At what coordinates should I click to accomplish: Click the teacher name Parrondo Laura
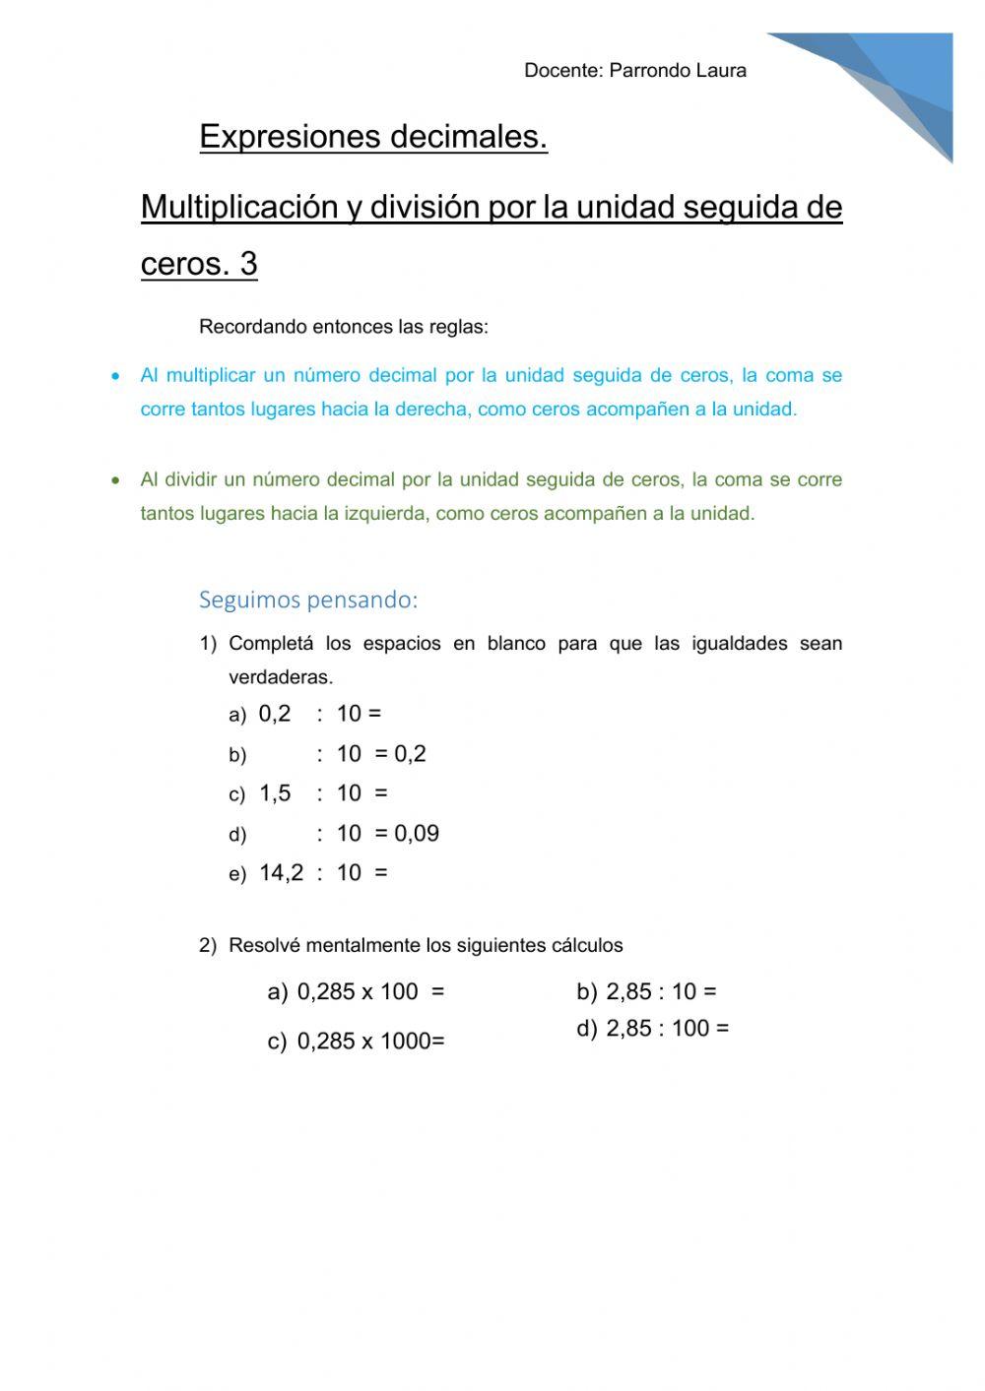[x=678, y=70]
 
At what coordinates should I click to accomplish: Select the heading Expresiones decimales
[x=373, y=136]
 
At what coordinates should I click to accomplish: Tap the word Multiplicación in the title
[x=239, y=207]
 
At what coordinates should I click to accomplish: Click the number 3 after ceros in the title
[x=248, y=264]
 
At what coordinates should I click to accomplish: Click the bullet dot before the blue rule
[x=117, y=376]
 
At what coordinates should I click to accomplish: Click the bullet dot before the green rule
[x=117, y=480]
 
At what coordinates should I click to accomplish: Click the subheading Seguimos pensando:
[x=308, y=600]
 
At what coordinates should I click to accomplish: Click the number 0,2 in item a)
[x=275, y=714]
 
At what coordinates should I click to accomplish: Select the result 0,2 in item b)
[x=410, y=754]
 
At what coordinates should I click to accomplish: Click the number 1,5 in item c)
[x=275, y=793]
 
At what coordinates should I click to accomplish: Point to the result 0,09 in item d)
[x=417, y=834]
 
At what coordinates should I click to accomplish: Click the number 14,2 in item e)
[x=281, y=873]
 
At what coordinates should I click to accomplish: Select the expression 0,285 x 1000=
[x=370, y=1042]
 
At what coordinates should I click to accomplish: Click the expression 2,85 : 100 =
[x=667, y=1029]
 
